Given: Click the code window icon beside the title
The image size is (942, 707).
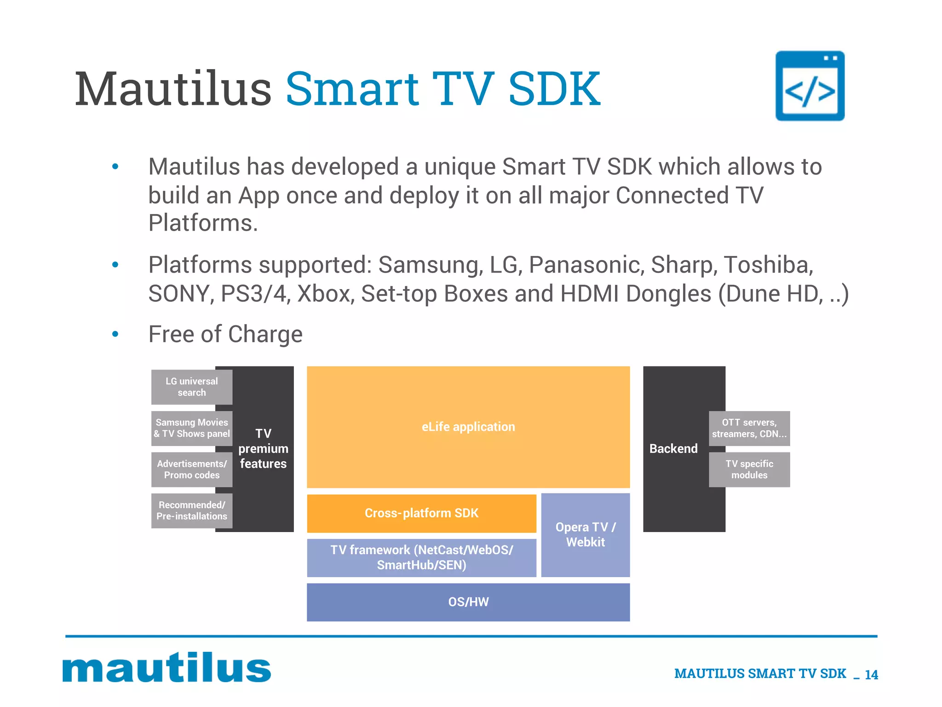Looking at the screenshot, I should click(x=810, y=86).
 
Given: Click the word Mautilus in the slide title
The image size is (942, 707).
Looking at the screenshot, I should click(x=173, y=89).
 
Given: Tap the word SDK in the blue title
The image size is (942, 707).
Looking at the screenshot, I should click(x=554, y=89).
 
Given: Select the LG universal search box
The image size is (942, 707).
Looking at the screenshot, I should click(x=192, y=387).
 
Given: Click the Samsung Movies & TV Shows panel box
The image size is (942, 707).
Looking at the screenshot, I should click(x=192, y=428).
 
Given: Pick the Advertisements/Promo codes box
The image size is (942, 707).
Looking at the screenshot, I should click(x=192, y=469).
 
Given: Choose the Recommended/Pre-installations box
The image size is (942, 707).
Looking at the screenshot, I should click(x=192, y=510).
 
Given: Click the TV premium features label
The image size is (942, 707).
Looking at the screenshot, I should click(x=263, y=449).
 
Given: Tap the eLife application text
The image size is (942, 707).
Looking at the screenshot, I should click(x=468, y=427).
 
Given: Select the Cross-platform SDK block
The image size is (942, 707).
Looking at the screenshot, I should click(x=421, y=513).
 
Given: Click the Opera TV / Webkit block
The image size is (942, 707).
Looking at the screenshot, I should click(x=585, y=534).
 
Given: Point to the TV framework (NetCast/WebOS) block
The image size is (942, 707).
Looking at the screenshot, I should click(x=421, y=557).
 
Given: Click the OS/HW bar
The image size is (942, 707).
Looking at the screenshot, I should click(x=468, y=602).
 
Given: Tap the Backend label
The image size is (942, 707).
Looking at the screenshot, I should click(x=673, y=449).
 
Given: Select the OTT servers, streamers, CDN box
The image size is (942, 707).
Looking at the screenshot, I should click(x=749, y=428).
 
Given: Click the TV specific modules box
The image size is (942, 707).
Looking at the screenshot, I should click(x=749, y=469).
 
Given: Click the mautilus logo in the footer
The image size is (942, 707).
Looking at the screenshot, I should click(x=167, y=668).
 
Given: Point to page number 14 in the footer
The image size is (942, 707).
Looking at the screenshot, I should click(x=871, y=675).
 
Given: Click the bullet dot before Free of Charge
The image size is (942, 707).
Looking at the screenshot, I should click(x=115, y=334).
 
